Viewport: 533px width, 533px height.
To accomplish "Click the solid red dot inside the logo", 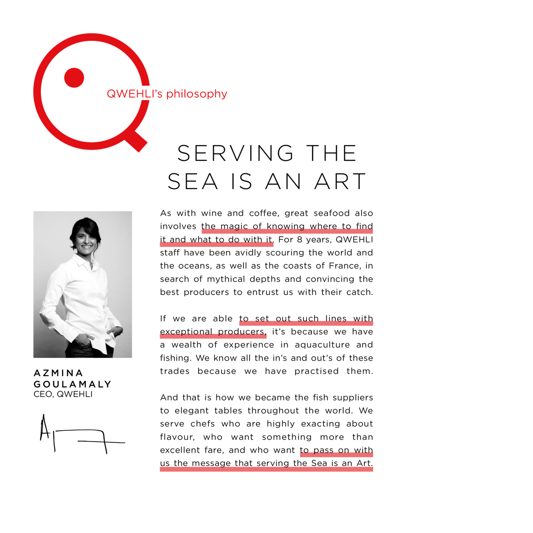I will [74, 78].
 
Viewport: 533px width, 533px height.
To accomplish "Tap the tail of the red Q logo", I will [136, 141].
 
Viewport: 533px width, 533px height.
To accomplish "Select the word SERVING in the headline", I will [235, 153].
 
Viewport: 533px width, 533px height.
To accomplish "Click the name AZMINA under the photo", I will [58, 373].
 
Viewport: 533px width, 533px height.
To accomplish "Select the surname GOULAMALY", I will [72, 384].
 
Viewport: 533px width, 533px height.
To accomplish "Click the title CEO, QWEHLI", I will [63, 394].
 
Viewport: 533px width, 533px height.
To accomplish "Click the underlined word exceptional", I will [186, 332].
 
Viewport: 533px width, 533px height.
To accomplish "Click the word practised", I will [316, 371].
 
